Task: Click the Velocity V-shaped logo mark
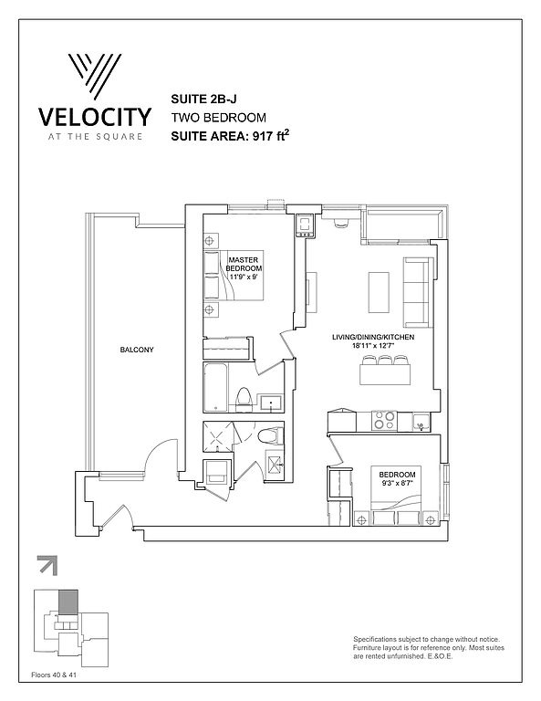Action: tap(95, 76)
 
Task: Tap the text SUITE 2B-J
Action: tap(203, 99)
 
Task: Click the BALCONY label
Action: tap(137, 350)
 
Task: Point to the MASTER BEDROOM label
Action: tap(244, 264)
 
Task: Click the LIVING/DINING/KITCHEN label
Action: tap(373, 337)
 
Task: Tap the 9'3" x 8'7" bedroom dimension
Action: tap(397, 483)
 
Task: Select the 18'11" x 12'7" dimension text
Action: tap(373, 345)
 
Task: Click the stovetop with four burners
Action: tap(384, 421)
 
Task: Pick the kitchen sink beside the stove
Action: tap(421, 422)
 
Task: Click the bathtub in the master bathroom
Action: tap(216, 388)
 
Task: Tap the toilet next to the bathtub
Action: tap(244, 399)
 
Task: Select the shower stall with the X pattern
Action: tap(218, 436)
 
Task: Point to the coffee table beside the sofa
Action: tap(379, 292)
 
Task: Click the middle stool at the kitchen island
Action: tap(385, 361)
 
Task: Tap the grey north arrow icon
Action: tap(47, 565)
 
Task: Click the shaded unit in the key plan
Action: tap(68, 602)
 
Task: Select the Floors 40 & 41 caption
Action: tap(54, 675)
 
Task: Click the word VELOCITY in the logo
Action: tap(95, 117)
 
